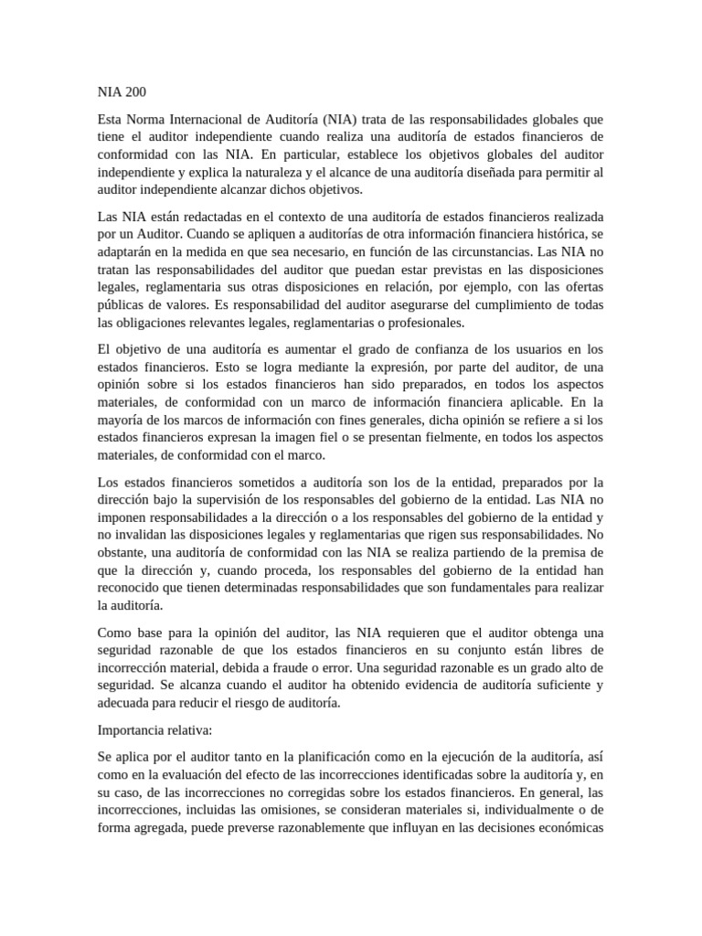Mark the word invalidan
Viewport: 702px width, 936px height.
coord(142,536)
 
